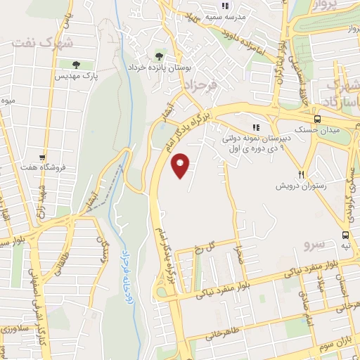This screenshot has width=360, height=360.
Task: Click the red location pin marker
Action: (181, 165)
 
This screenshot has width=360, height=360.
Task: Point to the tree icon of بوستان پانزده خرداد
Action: (161, 55)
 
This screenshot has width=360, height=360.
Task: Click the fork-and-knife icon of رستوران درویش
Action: (301, 174)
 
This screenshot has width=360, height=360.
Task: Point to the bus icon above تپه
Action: (345, 235)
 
